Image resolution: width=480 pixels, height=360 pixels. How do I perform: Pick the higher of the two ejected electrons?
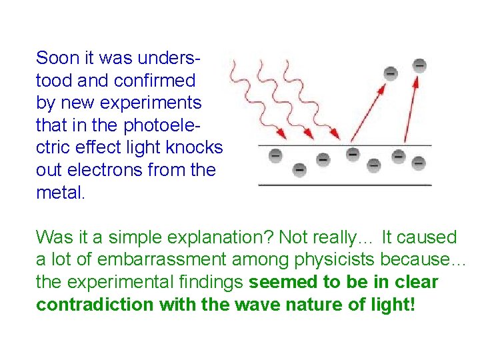419,65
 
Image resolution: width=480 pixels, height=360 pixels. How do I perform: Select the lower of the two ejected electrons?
391,73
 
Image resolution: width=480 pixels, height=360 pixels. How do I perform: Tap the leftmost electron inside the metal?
275,155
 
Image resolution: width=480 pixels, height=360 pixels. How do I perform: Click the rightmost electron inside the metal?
419,163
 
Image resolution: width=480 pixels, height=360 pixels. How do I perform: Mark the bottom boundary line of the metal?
345,185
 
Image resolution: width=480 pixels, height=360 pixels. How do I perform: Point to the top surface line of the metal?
345,145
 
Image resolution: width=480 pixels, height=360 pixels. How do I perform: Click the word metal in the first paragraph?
59,193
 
